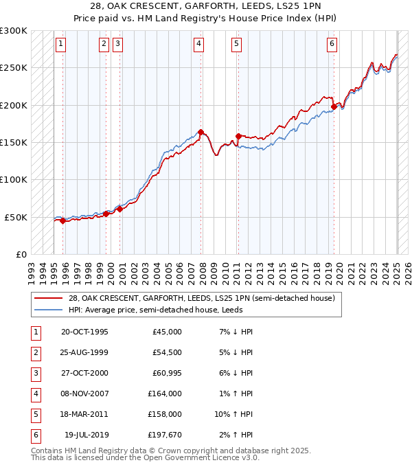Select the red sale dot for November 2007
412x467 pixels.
201,132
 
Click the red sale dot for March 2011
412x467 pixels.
238,136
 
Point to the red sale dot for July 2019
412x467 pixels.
334,106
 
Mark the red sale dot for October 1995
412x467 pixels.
62,220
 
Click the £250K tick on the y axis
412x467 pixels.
14,68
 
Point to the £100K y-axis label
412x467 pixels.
14,179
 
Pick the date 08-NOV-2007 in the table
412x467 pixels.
84,394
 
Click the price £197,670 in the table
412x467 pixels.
165,435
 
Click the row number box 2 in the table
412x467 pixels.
34,353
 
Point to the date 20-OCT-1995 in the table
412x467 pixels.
84,332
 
